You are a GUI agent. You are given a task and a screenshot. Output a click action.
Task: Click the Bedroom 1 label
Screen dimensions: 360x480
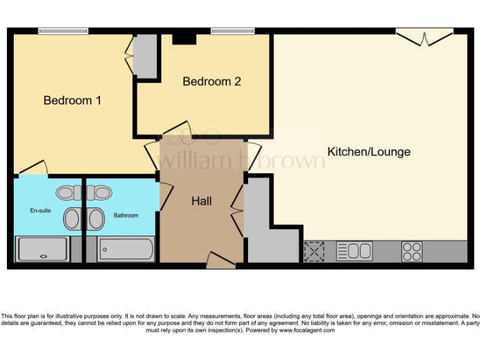point(72,100)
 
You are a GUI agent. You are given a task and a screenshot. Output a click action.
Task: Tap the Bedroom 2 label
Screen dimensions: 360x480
point(212,81)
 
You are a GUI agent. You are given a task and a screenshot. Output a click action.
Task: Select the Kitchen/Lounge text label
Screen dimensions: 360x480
point(369,152)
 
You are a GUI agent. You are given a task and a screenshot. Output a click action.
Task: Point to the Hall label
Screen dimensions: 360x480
point(201,201)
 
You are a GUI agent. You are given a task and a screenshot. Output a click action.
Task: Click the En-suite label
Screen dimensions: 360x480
point(41,211)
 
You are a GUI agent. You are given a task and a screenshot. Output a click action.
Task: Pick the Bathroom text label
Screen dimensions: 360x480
point(126,216)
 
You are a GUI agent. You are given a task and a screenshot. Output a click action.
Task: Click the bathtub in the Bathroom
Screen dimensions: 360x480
point(126,250)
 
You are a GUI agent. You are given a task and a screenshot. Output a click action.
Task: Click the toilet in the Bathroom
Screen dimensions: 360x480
point(100,192)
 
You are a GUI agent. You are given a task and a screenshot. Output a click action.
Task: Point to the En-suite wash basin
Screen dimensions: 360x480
point(72,219)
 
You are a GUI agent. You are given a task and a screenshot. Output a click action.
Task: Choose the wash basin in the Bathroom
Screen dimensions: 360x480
point(96,219)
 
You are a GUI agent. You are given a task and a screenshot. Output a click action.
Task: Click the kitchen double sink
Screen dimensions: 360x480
point(354,251)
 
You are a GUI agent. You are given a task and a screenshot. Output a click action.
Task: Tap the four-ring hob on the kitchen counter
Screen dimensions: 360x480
point(411,251)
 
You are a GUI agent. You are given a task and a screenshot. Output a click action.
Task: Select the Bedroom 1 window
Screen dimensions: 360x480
point(63,31)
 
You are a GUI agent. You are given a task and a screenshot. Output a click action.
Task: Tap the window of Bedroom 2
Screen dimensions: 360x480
point(232,31)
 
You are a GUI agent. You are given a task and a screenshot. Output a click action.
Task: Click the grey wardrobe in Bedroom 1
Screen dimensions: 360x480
point(146,56)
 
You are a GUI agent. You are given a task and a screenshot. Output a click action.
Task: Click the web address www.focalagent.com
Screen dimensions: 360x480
point(306,330)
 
